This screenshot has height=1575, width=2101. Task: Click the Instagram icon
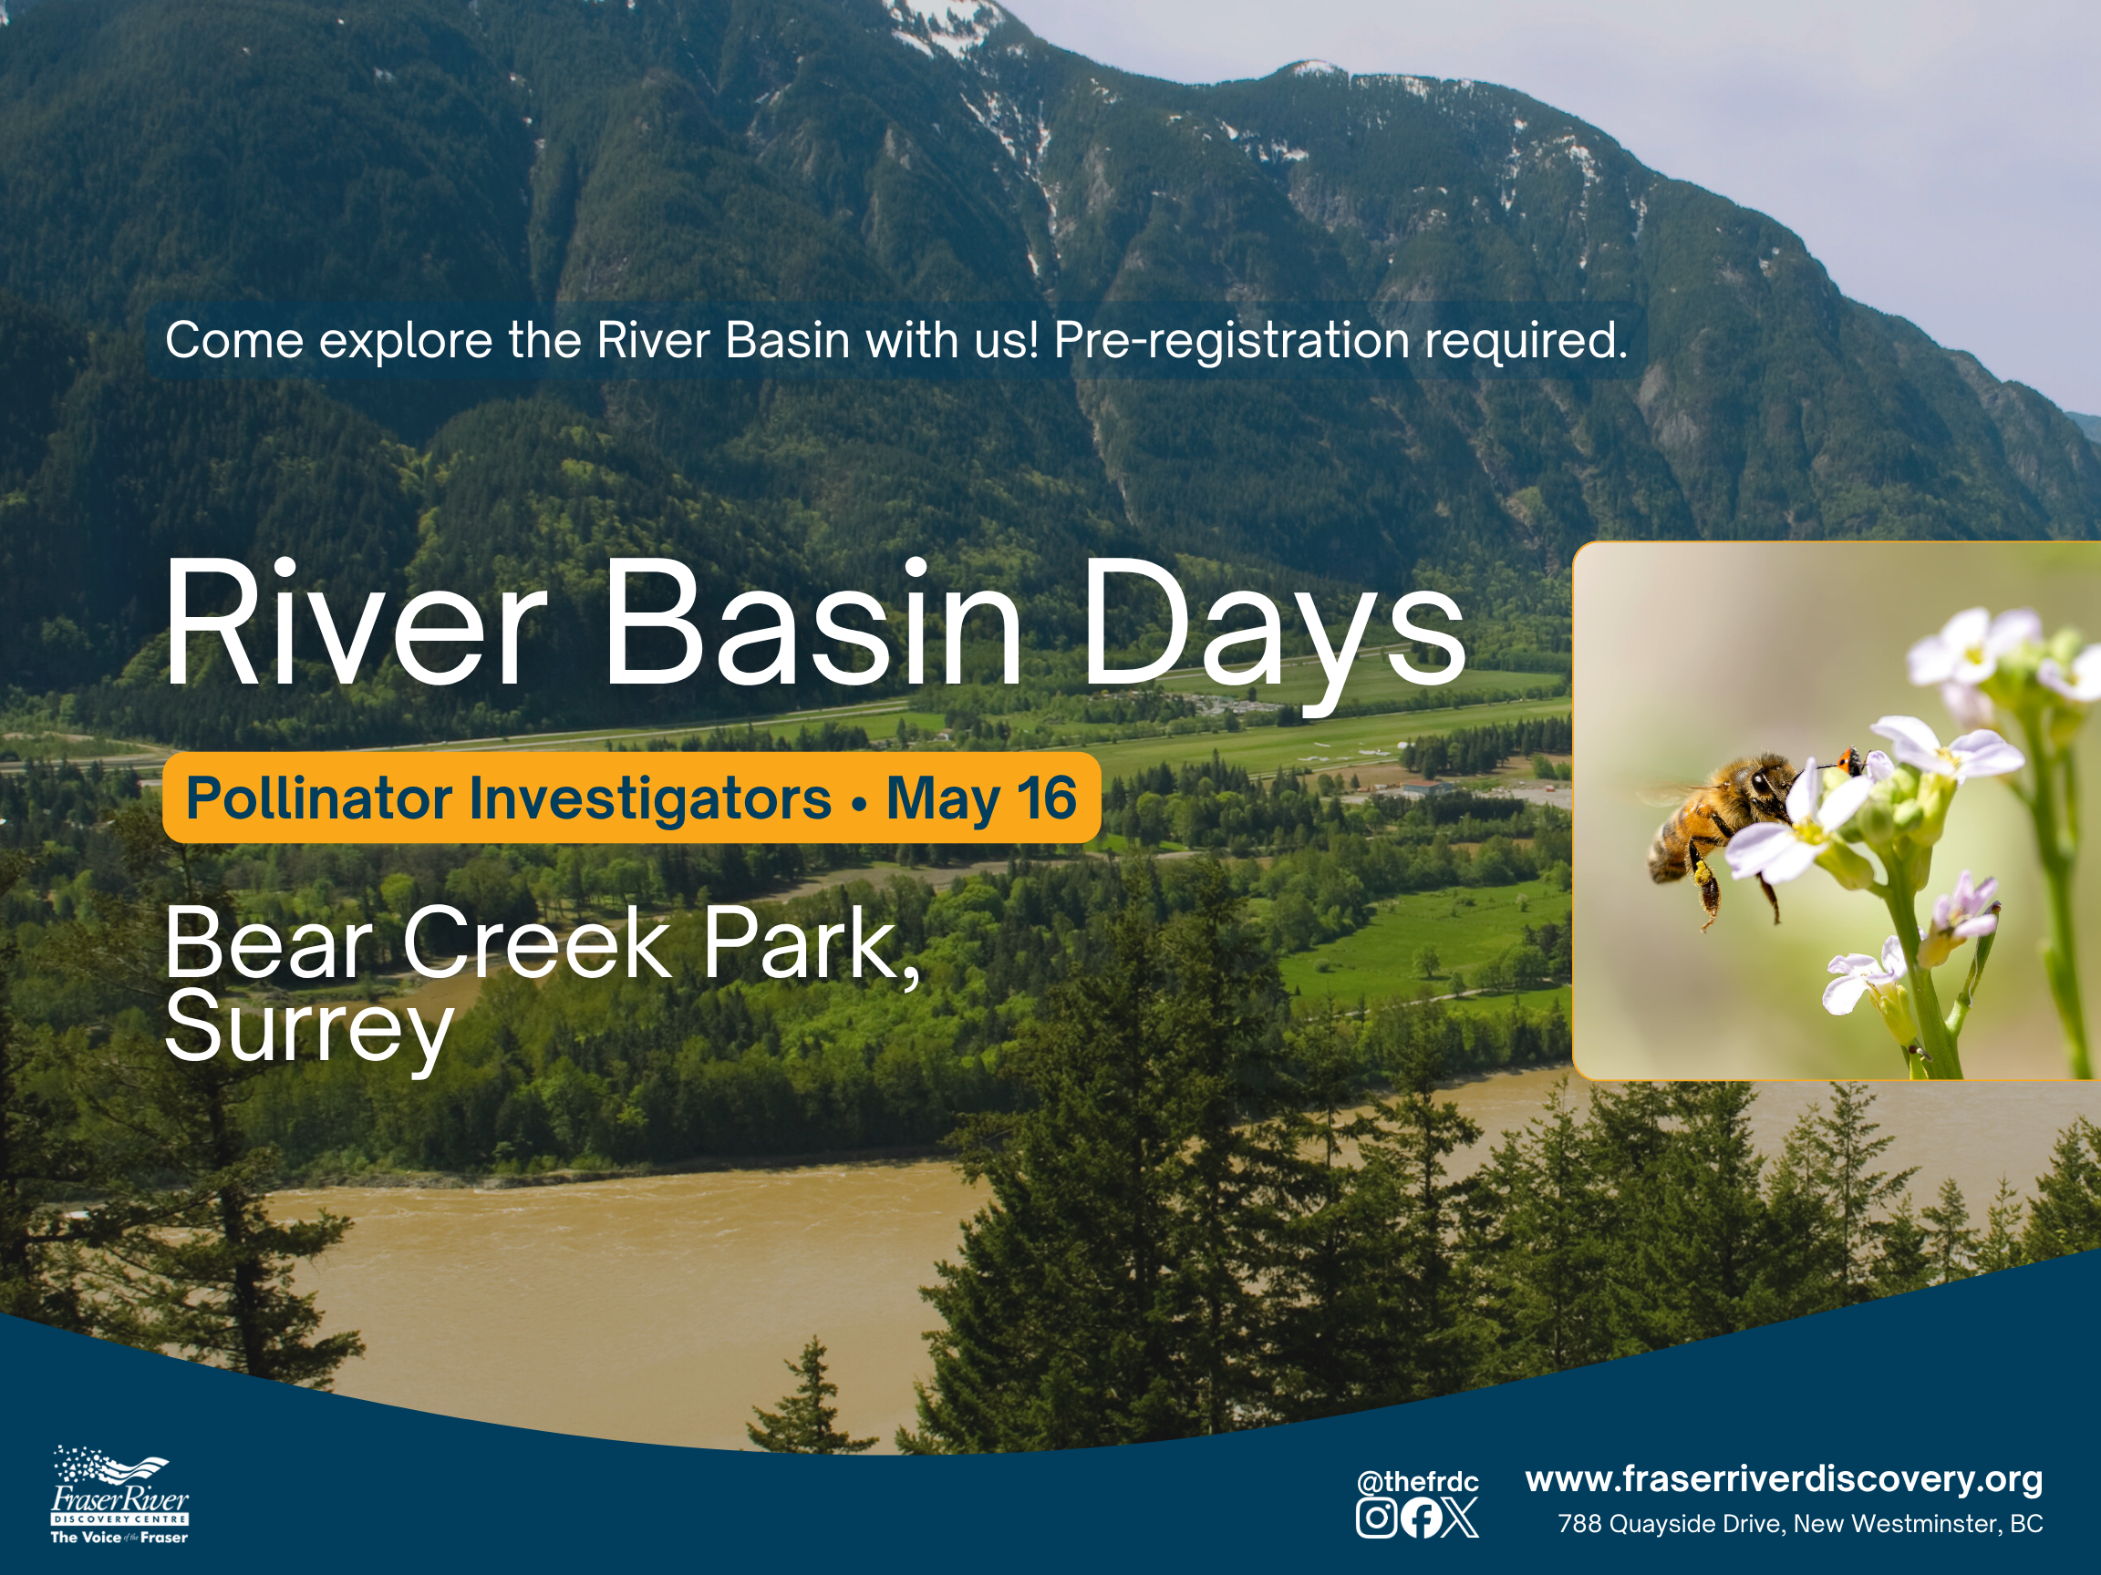[1376, 1517]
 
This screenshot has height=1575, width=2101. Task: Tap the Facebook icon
[1420, 1517]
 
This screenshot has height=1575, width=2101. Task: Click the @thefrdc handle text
[1418, 1482]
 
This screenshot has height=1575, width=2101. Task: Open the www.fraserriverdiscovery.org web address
[1784, 1479]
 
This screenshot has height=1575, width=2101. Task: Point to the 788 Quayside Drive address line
[1800, 1524]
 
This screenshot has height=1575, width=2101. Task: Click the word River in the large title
[357, 622]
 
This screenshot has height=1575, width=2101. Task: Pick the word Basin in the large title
[814, 622]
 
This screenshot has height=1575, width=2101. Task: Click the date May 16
[981, 798]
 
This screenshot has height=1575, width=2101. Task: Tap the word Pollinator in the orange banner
[319, 798]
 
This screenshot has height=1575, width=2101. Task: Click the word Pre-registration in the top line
[1232, 342]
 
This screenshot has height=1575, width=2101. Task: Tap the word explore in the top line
[406, 342]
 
